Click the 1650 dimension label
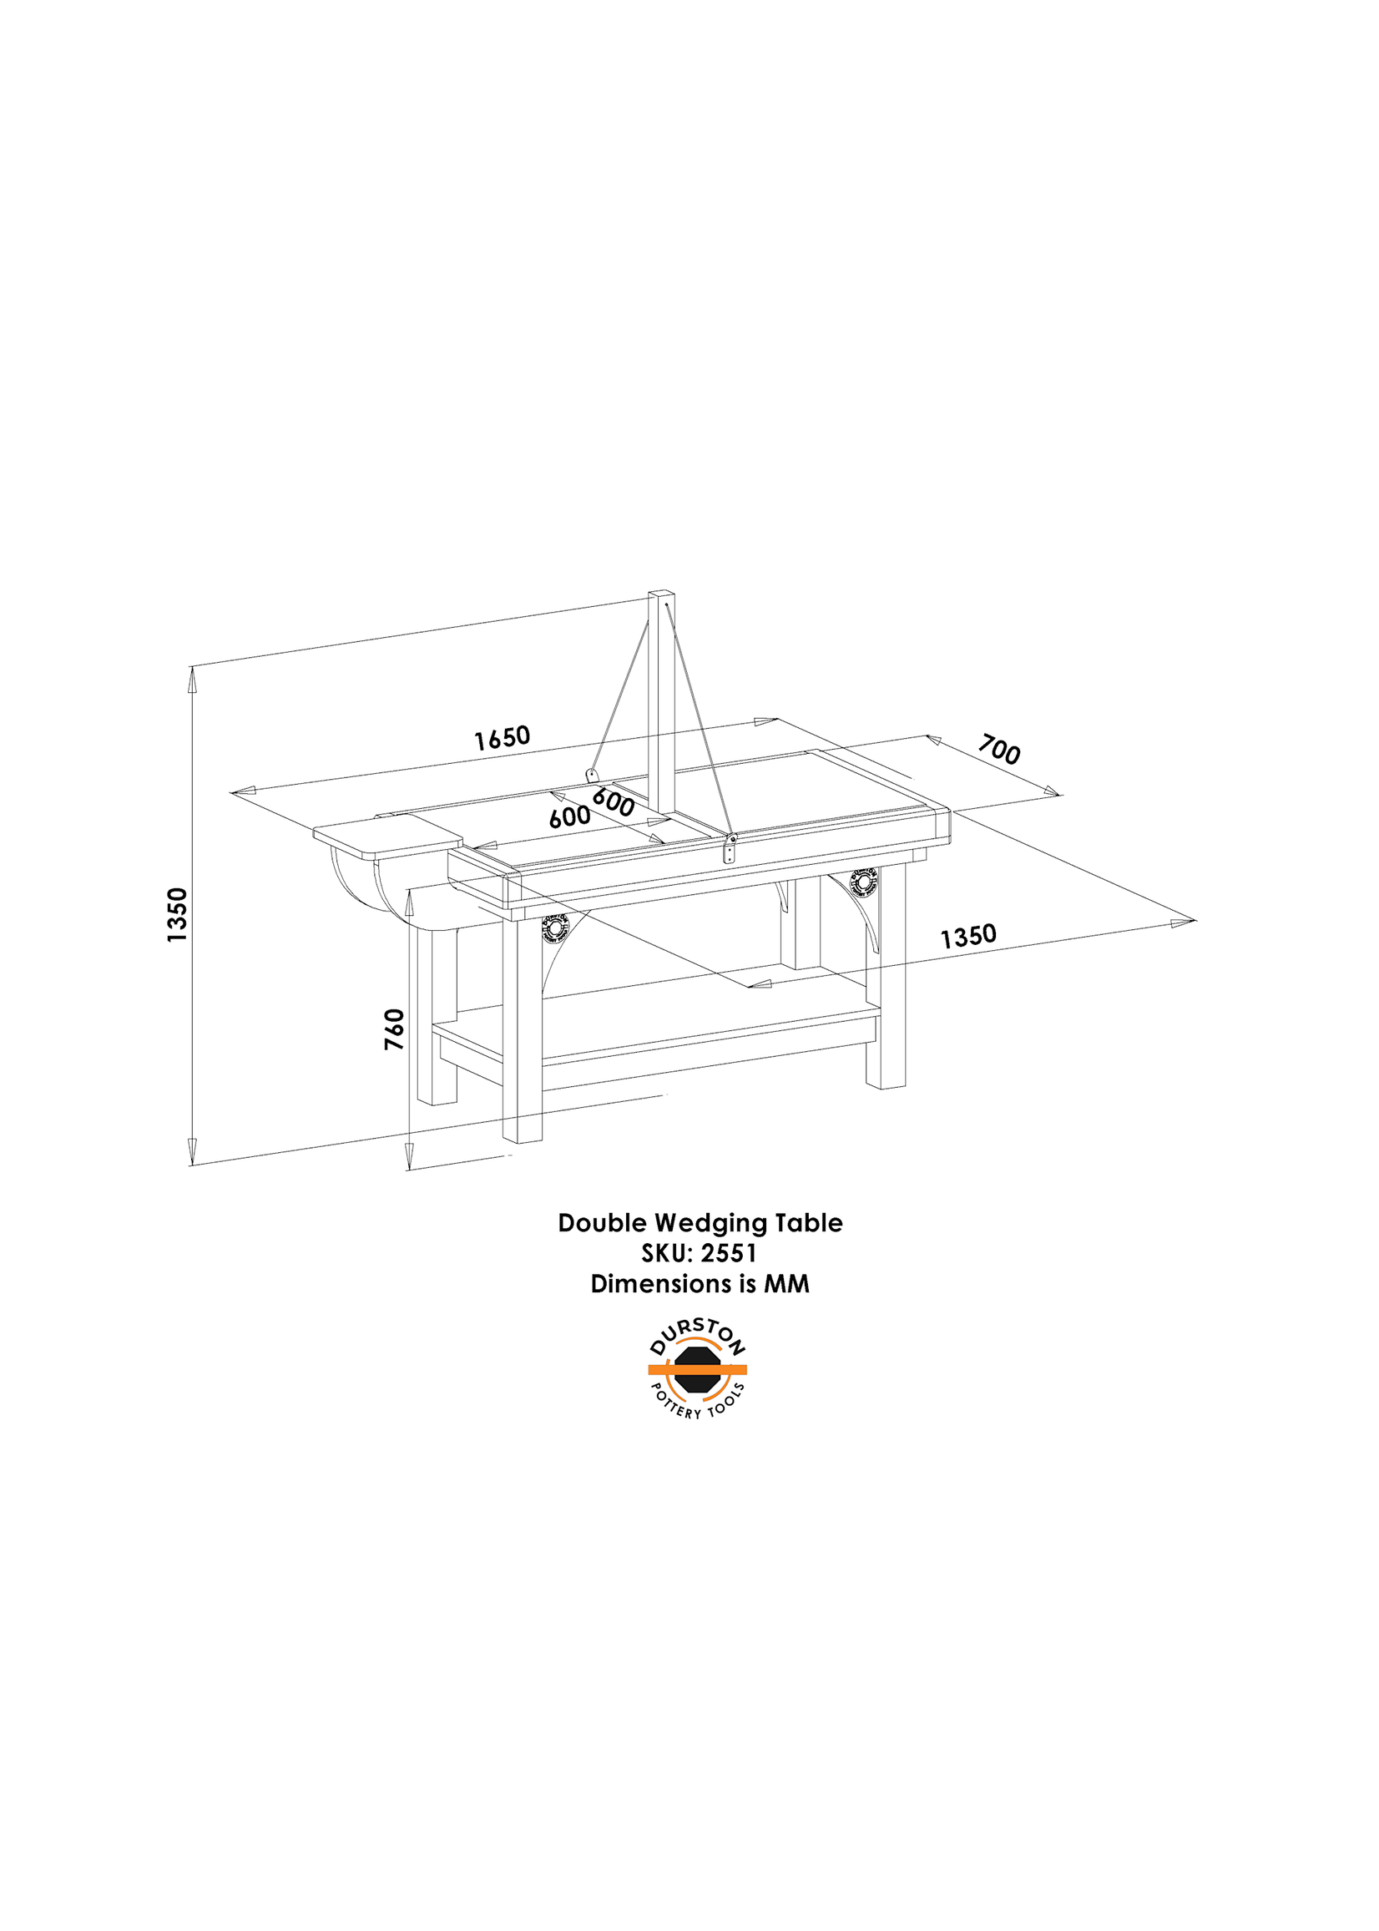click(502, 737)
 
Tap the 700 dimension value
click(998, 750)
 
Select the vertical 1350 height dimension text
click(177, 914)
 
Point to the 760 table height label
click(394, 1029)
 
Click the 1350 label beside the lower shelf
click(968, 937)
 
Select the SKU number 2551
click(729, 1253)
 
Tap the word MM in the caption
click(786, 1283)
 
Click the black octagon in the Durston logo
click(697, 1369)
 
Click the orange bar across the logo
click(697, 1369)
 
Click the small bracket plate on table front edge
click(729, 849)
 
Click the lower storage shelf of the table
click(656, 1030)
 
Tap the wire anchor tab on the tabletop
click(592, 775)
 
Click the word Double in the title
click(603, 1223)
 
